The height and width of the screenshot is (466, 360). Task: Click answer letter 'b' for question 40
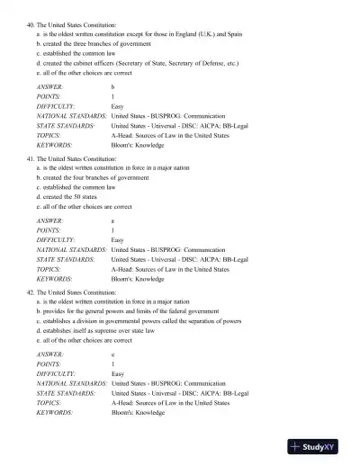click(x=112, y=86)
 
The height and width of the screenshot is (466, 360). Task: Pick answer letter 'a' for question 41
click(x=112, y=220)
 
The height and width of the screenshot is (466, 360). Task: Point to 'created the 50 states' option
click(x=73, y=196)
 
